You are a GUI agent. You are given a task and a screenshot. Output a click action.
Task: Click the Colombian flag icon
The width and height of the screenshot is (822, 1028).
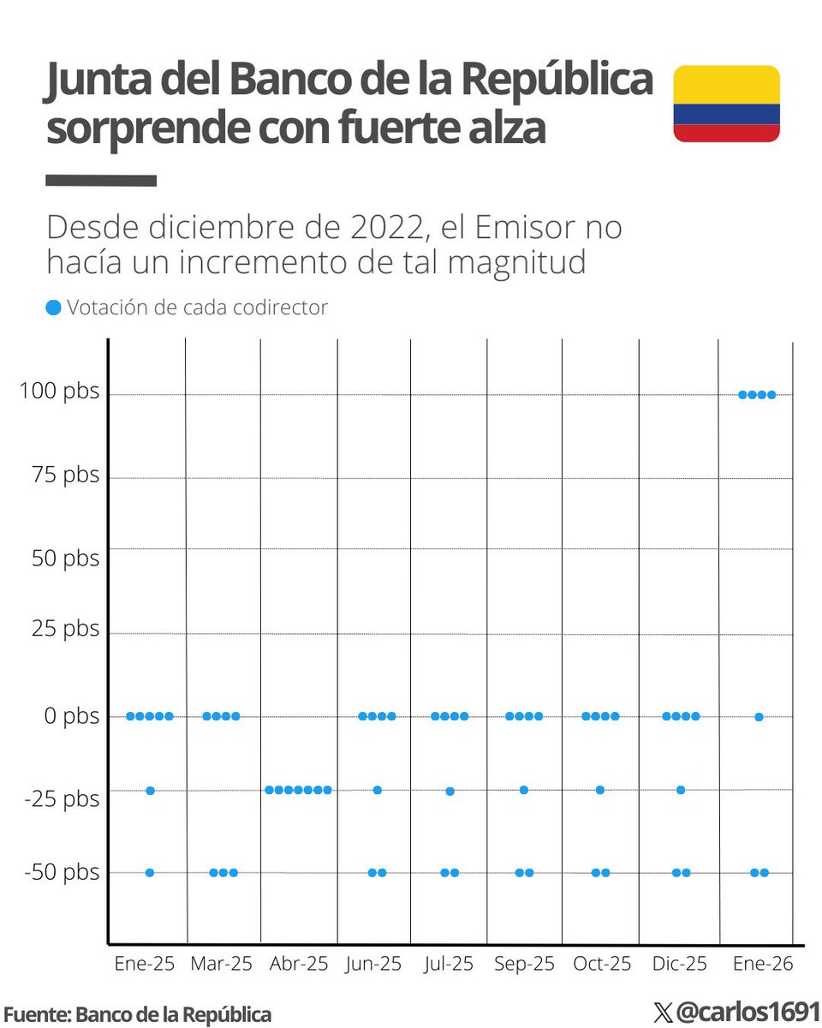[726, 104]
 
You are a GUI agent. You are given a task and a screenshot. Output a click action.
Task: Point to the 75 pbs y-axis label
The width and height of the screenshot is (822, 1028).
[65, 475]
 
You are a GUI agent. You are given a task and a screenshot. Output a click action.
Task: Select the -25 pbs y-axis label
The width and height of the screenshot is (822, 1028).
[62, 799]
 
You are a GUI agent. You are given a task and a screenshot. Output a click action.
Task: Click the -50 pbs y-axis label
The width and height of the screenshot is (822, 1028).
[62, 872]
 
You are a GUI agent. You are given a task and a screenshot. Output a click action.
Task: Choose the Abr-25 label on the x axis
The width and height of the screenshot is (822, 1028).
[299, 964]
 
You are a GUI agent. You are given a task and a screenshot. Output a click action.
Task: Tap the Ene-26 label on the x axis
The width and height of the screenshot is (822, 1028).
[763, 964]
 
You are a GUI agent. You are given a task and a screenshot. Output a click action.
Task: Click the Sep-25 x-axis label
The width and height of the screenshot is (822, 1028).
[524, 964]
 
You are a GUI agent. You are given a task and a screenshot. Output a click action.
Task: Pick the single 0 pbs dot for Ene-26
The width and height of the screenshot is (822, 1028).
[759, 716]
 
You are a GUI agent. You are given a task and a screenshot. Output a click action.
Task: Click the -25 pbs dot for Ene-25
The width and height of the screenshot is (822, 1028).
[150, 790]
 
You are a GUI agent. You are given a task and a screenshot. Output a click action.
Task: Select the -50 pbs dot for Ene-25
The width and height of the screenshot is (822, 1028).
[150, 872]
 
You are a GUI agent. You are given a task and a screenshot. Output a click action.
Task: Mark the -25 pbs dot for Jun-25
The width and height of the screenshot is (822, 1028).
[377, 790]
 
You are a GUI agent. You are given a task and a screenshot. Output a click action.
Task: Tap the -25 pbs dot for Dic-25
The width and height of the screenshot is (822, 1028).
[681, 790]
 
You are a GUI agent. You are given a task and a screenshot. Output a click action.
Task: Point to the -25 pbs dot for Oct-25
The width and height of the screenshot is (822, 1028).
[600, 790]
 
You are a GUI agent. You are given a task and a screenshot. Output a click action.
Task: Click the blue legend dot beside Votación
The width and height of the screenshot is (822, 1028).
[54, 308]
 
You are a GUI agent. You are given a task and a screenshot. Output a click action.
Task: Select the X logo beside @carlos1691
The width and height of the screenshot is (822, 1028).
[663, 1013]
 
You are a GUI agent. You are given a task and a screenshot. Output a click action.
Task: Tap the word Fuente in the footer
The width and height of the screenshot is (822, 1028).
[34, 1014]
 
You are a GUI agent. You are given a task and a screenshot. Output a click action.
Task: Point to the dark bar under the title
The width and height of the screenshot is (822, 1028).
[101, 181]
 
